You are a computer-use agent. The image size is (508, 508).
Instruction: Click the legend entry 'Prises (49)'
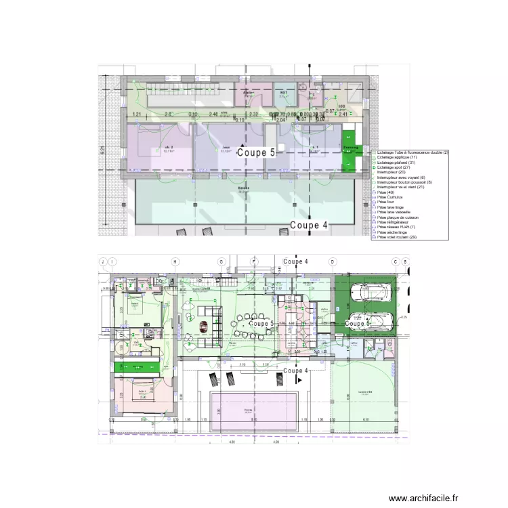(386, 192)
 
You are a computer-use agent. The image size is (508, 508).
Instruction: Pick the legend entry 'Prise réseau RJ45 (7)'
(396, 227)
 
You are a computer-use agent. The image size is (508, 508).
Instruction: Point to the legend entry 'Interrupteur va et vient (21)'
(400, 187)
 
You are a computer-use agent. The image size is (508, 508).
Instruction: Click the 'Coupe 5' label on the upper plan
(256, 153)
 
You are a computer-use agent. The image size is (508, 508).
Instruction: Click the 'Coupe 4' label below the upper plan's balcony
(309, 226)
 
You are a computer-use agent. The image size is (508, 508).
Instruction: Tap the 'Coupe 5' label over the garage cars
(358, 324)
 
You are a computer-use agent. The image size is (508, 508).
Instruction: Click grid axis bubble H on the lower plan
(175, 261)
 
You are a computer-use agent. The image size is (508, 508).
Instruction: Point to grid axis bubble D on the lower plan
(333, 261)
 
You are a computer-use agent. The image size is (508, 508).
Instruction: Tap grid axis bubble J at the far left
(103, 261)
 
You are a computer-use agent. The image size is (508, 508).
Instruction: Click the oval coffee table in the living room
(203, 325)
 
